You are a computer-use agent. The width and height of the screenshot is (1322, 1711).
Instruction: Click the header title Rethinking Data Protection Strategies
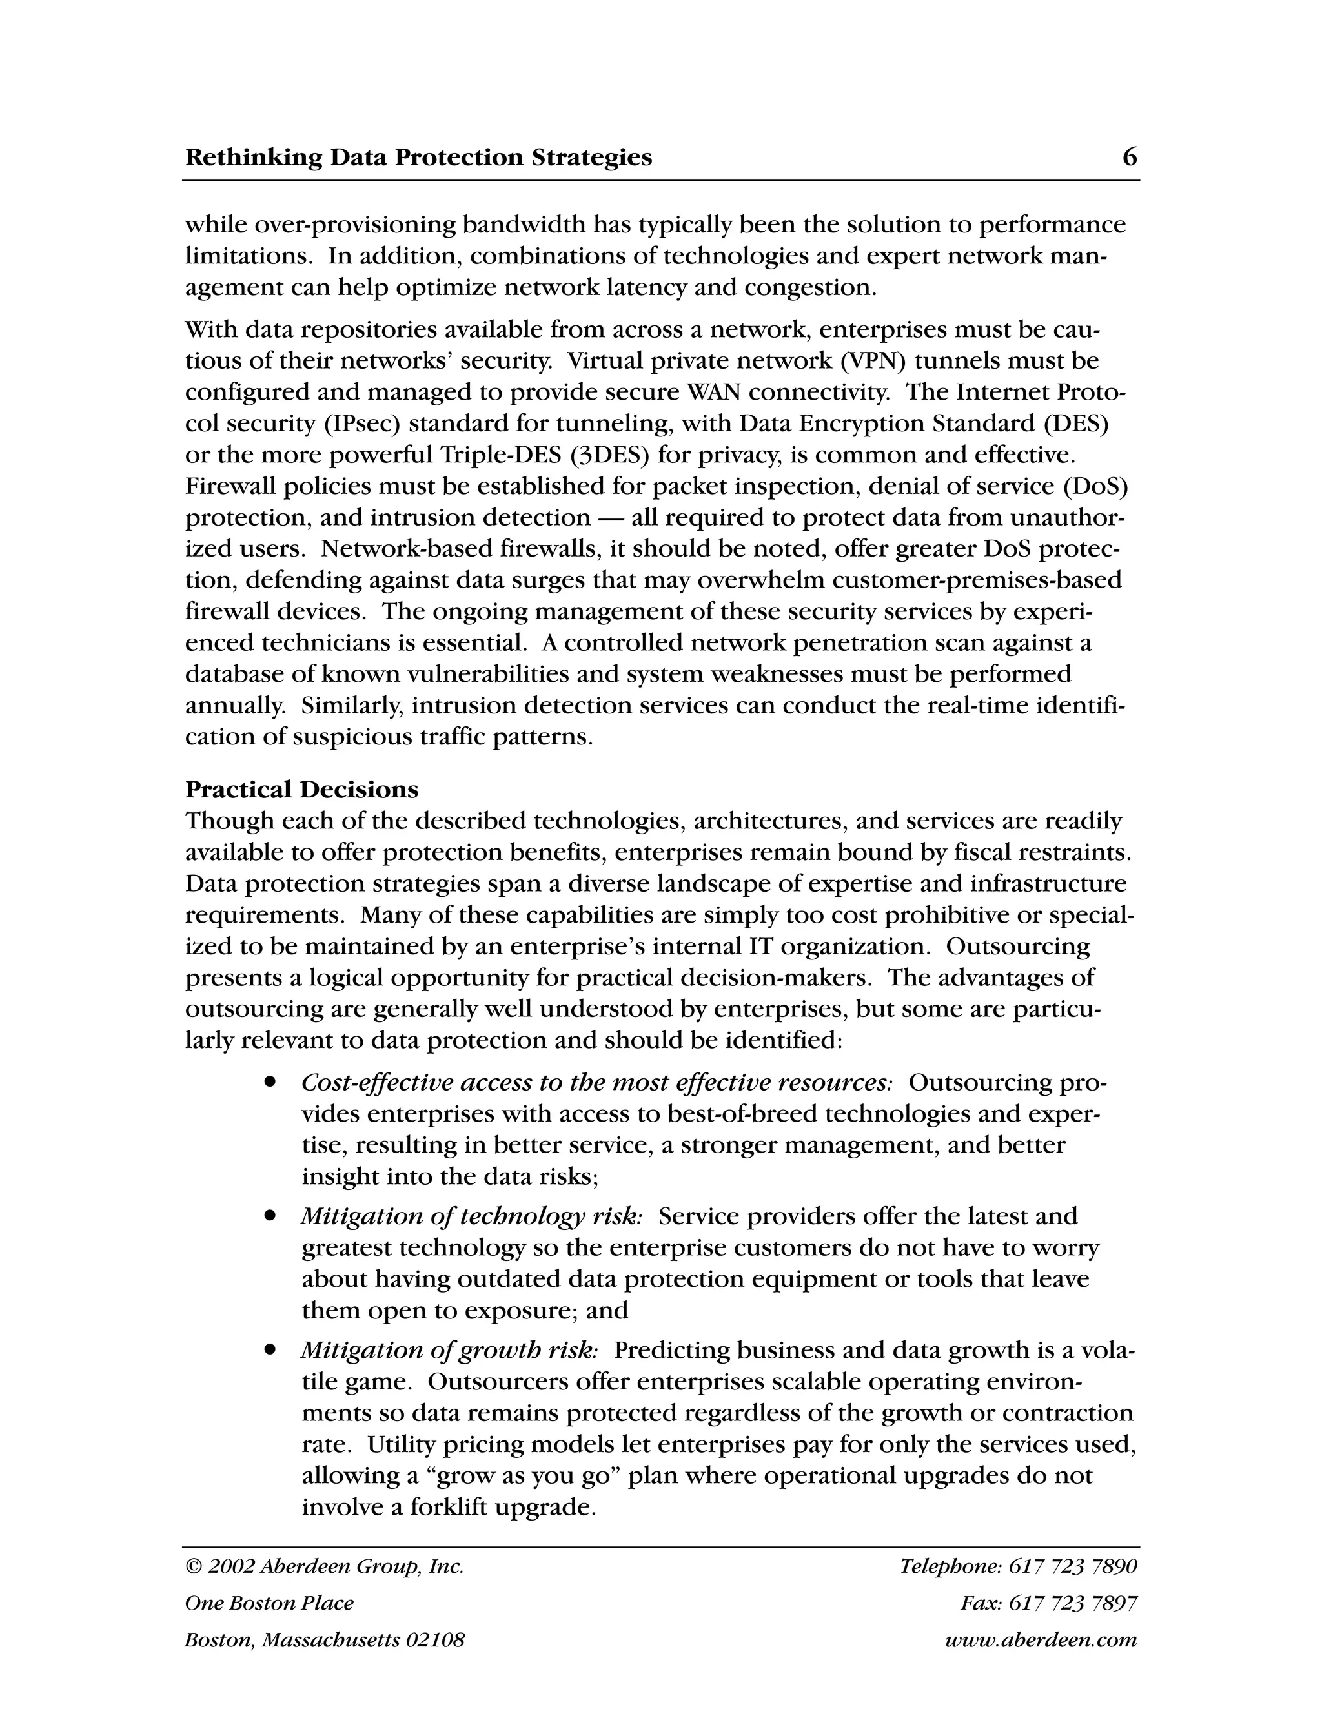tap(418, 158)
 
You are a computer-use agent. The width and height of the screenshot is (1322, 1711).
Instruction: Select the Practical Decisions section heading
tap(301, 789)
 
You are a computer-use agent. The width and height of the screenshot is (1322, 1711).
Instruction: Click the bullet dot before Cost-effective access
tap(270, 1082)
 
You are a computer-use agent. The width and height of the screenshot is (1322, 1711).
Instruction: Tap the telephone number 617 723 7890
tap(1072, 1566)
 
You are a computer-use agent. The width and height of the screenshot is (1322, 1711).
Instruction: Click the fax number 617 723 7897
tap(1072, 1603)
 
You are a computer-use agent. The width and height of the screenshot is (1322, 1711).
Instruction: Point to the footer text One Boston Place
tap(269, 1603)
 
